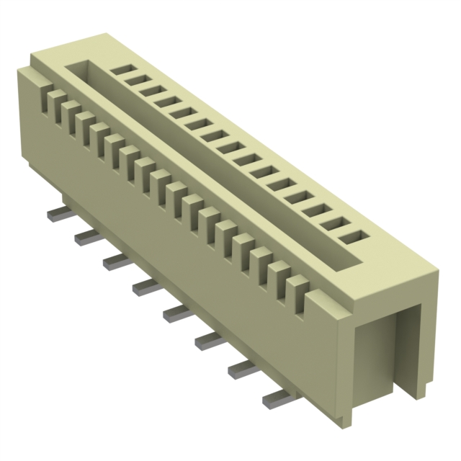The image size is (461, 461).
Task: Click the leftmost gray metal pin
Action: (58, 215)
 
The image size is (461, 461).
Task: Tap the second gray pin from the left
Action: (87, 238)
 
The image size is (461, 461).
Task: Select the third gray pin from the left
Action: (117, 261)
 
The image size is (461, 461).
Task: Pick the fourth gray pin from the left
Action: (146, 287)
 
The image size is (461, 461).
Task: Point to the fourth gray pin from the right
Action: (178, 312)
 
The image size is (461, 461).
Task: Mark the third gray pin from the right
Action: (210, 339)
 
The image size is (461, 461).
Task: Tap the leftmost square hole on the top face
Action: (120, 71)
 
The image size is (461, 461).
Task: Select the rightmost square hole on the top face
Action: (351, 236)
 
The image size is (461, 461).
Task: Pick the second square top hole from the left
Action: (134, 80)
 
